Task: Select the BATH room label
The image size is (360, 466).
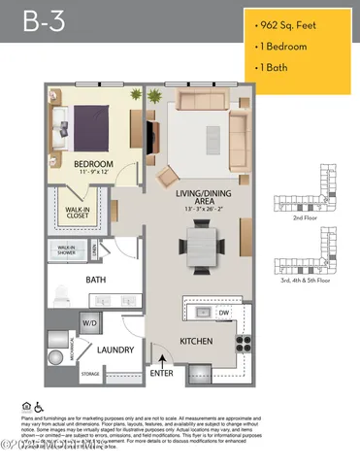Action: point(96,281)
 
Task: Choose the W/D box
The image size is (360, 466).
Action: point(89,322)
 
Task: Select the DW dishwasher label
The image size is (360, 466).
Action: point(223,313)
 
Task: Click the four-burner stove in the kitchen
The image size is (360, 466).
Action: point(243,343)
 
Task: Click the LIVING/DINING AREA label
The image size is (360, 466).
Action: point(201,199)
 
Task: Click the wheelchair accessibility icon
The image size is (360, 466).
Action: point(40,406)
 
